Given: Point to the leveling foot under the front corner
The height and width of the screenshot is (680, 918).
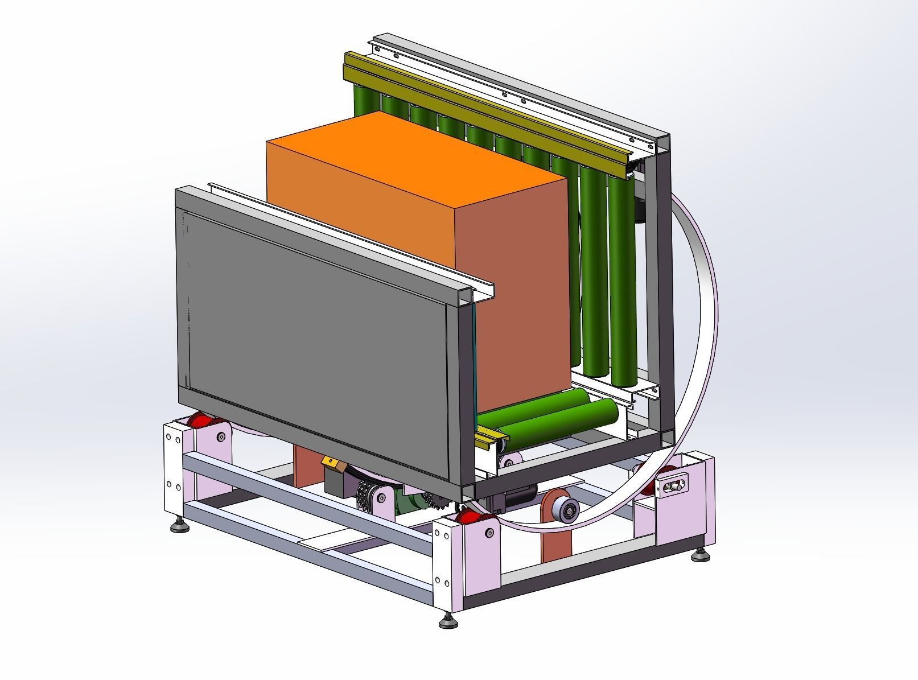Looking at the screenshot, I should click(x=448, y=621).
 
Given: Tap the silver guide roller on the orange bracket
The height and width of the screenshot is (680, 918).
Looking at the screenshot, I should click(x=569, y=510).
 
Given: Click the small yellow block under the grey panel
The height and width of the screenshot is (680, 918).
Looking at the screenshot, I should click(x=330, y=461).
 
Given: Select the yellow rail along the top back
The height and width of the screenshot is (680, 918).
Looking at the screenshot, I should click(x=484, y=105).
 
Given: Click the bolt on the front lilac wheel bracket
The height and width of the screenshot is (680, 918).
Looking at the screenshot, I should click(x=489, y=533).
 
